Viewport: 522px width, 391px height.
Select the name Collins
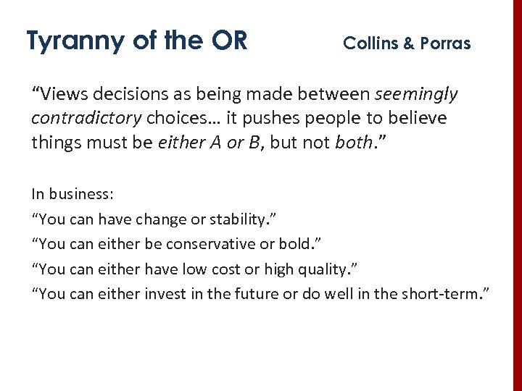(370, 43)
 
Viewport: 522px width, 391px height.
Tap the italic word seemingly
(417, 94)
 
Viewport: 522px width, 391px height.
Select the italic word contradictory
(86, 118)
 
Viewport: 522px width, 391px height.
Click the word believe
(420, 118)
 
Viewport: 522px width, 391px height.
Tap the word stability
(249, 218)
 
